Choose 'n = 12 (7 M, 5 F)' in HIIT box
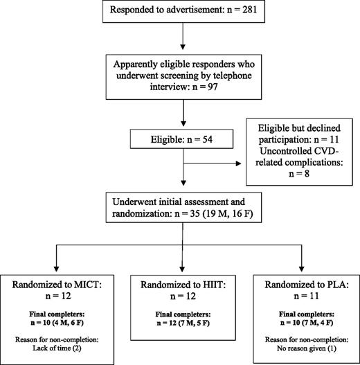pos(183,319)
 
